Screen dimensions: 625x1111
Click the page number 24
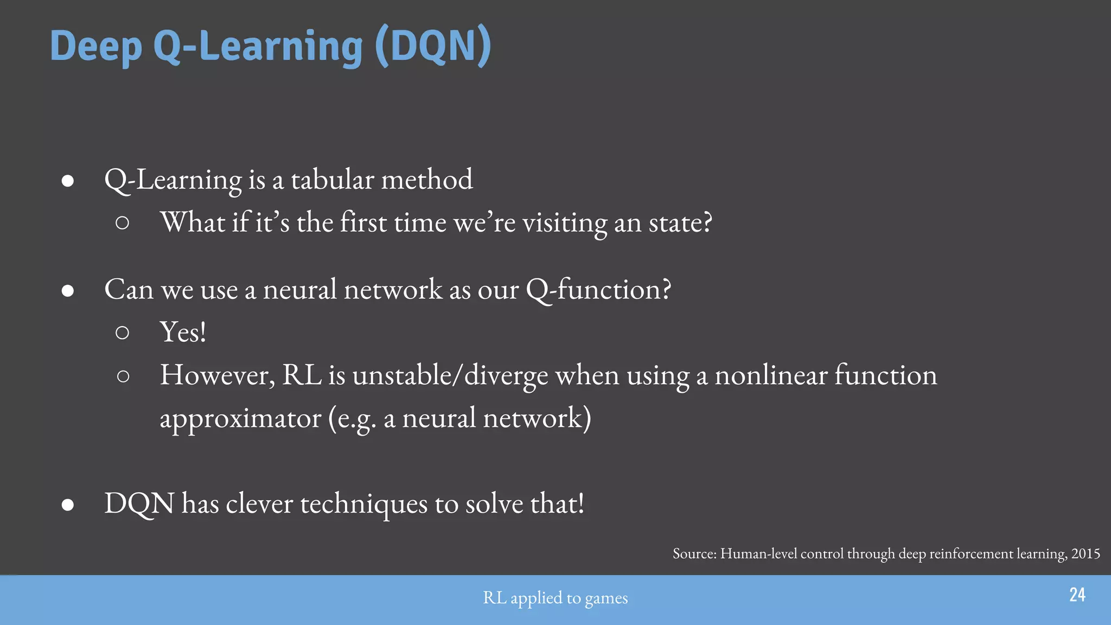tap(1077, 595)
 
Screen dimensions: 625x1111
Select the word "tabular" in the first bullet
tap(333, 180)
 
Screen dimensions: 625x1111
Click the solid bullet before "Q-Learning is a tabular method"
tap(68, 181)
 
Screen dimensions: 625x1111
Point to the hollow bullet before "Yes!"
tap(123, 333)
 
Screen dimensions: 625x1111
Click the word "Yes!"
tap(183, 332)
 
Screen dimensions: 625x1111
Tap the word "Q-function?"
tap(598, 289)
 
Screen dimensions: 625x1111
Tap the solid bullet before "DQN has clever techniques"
tap(68, 505)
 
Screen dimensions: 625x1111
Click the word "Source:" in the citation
tap(694, 554)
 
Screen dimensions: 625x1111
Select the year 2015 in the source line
tap(1086, 554)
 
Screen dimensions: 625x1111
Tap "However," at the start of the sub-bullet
tap(217, 375)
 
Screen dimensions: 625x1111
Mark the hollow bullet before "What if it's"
tap(123, 223)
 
